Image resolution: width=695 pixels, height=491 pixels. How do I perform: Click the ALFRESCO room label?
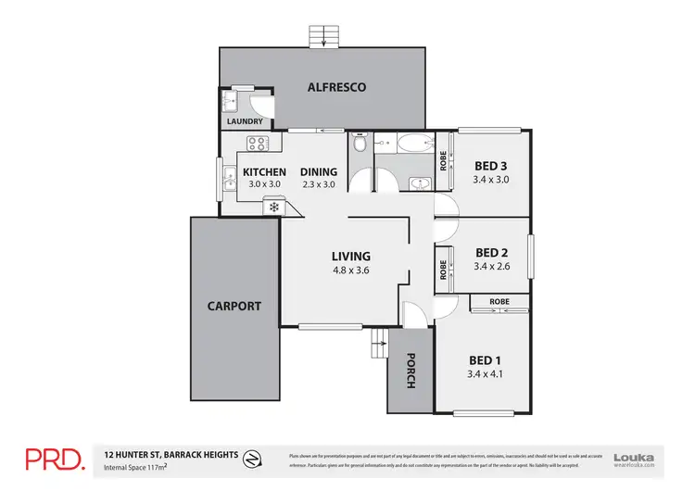click(336, 87)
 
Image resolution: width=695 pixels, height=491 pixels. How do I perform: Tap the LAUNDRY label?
click(245, 121)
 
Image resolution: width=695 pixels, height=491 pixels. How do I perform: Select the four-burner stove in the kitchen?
click(257, 144)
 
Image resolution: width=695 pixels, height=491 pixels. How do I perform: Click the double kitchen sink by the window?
click(228, 180)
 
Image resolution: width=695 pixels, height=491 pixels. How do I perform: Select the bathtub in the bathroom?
click(409, 145)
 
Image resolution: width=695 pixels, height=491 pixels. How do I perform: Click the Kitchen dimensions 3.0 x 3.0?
click(262, 184)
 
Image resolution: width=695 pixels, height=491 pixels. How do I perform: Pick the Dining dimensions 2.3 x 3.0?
click(318, 184)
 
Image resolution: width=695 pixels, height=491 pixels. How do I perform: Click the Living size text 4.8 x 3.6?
click(351, 271)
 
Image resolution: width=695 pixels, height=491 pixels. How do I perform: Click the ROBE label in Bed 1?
click(499, 302)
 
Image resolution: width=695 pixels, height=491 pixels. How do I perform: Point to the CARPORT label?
click(234, 306)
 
